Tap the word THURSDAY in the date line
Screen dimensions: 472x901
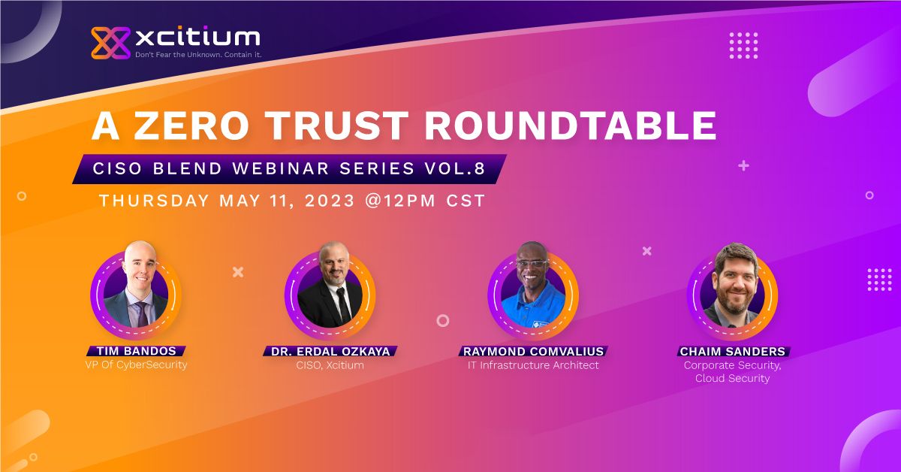coord(155,201)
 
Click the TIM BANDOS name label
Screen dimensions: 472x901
coord(136,351)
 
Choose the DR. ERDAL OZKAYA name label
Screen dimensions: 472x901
coord(330,351)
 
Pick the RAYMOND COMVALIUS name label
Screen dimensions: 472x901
coord(533,351)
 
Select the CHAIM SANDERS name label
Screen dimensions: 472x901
coord(733,351)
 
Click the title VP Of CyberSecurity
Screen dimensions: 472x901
coord(136,365)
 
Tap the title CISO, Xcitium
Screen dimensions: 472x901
coord(330,365)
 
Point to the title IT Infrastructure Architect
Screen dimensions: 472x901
coord(533,365)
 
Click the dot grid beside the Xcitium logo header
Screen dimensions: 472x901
coord(743,45)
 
